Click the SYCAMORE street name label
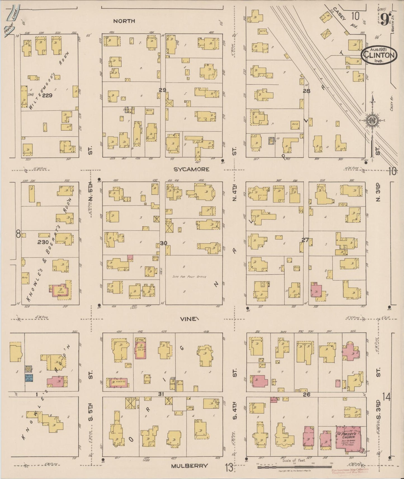[191, 169]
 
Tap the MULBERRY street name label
[190, 466]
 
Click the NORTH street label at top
[124, 21]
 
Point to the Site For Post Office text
[189, 277]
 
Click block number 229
[48, 95]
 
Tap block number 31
[161, 394]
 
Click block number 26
[307, 394]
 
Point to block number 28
[306, 91]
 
